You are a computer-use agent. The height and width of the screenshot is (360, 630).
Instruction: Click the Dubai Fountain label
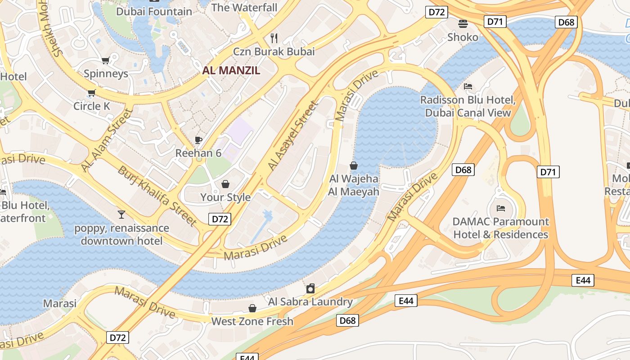pos(154,11)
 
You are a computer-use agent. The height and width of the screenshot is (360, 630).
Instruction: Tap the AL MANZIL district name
pos(231,70)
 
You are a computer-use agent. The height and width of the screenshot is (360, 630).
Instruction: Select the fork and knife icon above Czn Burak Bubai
pos(274,38)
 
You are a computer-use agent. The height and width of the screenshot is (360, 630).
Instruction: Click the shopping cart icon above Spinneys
pos(106,60)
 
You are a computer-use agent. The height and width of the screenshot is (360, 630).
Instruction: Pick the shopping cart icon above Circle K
pos(92,93)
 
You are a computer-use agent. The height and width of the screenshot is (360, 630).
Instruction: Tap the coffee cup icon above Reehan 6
pos(198,140)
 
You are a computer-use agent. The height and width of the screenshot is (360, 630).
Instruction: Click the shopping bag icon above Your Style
pos(225,184)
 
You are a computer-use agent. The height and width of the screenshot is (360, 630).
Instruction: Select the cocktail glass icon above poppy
pos(121,214)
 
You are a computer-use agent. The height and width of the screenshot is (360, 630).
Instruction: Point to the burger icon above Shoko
pos(463,23)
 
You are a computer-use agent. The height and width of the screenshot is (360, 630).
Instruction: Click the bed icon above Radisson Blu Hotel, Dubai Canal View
pos(468,86)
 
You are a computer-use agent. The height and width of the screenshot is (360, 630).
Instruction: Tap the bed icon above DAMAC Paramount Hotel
pos(500,208)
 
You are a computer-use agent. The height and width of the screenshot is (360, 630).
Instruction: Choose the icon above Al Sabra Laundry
pos(310,288)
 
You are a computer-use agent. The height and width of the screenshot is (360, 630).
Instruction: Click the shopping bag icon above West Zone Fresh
pos(252,308)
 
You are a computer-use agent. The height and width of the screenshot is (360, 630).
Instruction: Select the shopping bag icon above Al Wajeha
pos(354,166)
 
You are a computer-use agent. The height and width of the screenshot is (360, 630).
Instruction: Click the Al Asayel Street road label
pos(293,135)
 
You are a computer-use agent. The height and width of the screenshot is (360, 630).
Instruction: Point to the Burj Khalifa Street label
pos(157,195)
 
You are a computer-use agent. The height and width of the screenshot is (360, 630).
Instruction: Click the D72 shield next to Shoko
pos(436,12)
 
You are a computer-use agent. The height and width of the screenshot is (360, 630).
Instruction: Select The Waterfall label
pos(244,8)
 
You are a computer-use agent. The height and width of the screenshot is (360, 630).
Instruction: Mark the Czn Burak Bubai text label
pos(274,51)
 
